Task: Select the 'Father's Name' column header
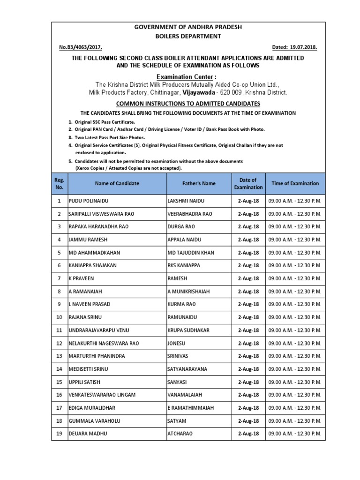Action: pyautogui.click(x=199, y=183)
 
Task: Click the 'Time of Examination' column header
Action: pyautogui.click(x=295, y=183)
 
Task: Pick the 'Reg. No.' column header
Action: pyautogui.click(x=59, y=183)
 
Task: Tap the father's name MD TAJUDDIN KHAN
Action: pyautogui.click(x=191, y=253)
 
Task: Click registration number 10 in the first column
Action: pyautogui.click(x=59, y=317)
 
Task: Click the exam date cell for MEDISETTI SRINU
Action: pyautogui.click(x=248, y=369)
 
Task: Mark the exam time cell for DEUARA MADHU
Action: pyautogui.click(x=295, y=434)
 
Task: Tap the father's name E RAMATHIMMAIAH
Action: pyautogui.click(x=191, y=408)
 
